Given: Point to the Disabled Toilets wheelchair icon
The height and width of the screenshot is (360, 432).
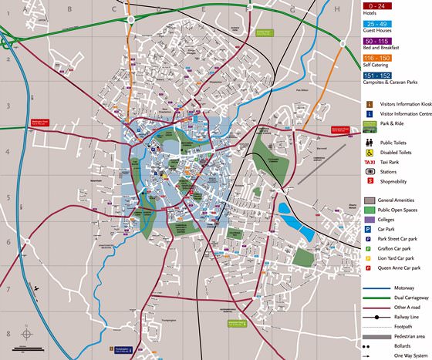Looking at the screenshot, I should [370, 151].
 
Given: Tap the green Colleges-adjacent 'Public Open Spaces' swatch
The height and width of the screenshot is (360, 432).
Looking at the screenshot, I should [370, 210].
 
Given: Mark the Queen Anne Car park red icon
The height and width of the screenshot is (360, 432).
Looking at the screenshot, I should [370, 268].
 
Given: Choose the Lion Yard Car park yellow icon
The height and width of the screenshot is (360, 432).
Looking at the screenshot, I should [370, 258].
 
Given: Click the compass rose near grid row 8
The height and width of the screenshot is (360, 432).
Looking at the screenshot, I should [26, 335].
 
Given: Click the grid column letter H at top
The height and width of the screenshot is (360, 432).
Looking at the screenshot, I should [337, 9].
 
